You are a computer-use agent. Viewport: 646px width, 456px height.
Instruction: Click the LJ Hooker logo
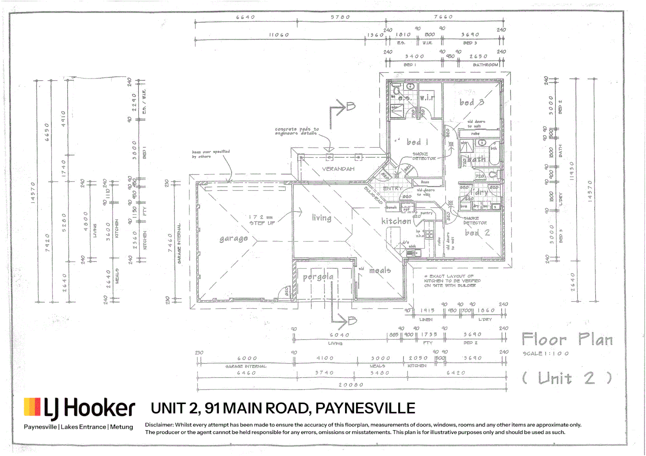tap(79, 408)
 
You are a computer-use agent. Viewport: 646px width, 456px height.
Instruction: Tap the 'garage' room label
tap(233, 239)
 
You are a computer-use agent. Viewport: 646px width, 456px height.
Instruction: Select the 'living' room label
tap(321, 218)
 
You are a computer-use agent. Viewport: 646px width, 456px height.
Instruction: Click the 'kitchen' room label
tap(396, 221)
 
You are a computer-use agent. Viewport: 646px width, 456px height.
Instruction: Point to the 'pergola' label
tap(318, 277)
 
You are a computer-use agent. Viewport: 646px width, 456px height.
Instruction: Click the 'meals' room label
tap(380, 270)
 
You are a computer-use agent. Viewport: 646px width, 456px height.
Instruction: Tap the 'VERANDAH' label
tap(338, 169)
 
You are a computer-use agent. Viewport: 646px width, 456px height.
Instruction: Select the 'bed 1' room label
tap(417, 142)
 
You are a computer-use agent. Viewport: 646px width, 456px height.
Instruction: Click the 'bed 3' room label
tap(471, 103)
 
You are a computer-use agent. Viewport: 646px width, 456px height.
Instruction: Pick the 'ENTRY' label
tap(392, 188)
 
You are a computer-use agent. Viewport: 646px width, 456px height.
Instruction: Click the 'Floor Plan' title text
tap(567, 339)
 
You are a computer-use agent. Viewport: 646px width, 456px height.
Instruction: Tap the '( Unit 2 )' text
tap(567, 378)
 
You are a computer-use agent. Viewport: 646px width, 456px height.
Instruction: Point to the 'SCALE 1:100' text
tap(545, 353)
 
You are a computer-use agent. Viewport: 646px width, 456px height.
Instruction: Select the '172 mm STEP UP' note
tap(262, 220)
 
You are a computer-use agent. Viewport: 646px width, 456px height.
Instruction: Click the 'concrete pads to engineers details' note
tap(297, 131)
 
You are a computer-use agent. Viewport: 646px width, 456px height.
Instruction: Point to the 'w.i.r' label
tap(427, 98)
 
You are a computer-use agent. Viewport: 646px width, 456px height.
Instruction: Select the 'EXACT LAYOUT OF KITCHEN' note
tap(452, 281)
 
